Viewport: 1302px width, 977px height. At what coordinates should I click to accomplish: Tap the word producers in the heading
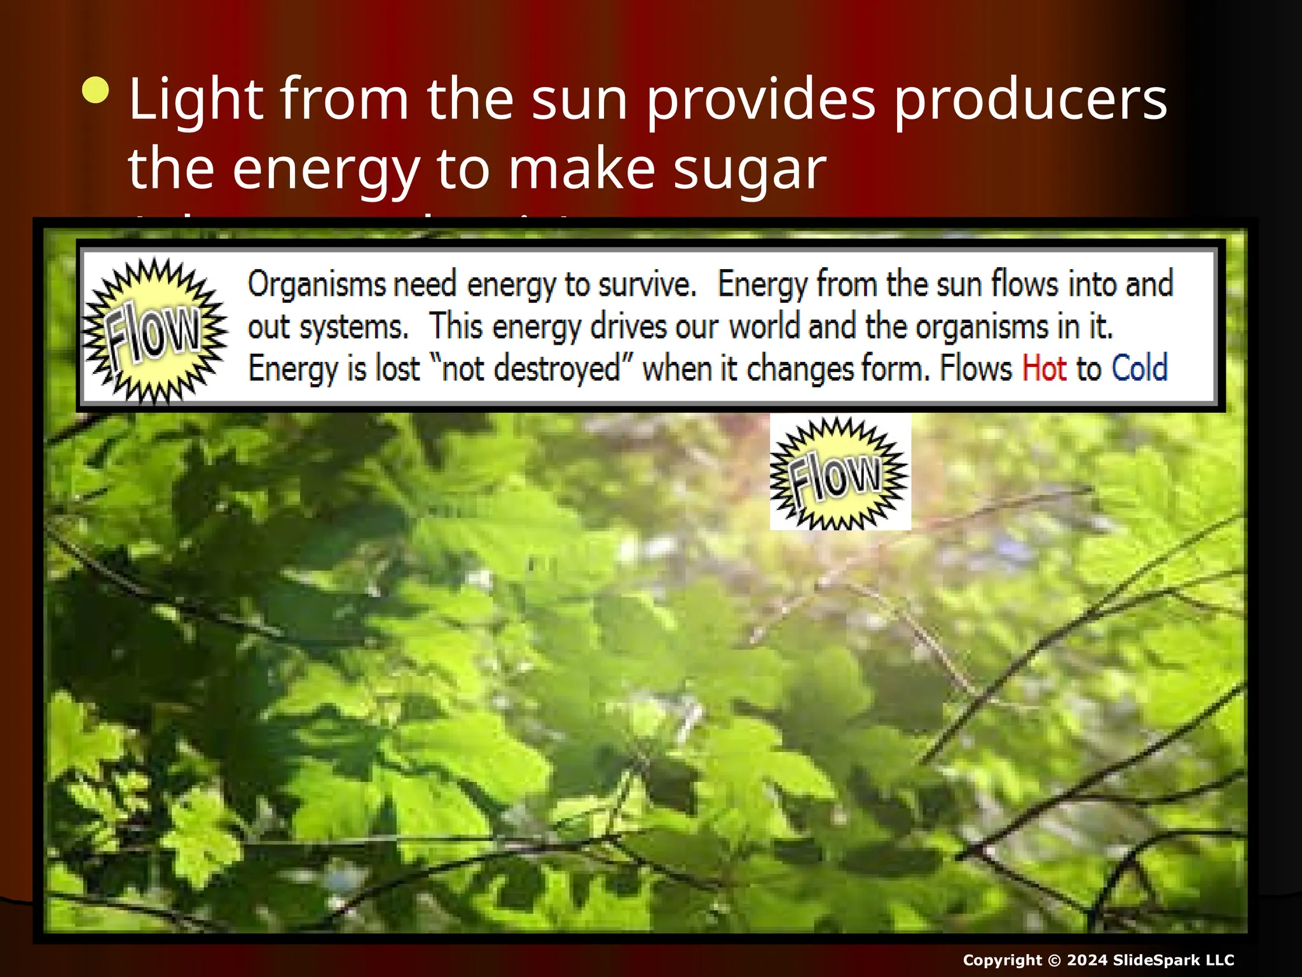1031,99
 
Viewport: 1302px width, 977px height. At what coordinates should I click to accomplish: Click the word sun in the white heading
580,99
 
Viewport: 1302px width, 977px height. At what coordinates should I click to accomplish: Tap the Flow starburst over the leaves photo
839,474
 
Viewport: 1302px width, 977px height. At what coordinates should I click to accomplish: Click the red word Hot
1044,368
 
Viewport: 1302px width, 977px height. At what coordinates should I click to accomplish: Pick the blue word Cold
1139,368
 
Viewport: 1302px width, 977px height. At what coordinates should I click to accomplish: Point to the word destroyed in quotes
556,368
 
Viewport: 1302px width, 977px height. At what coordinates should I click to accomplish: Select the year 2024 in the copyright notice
1086,960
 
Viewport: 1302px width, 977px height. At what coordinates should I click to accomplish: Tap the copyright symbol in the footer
1055,960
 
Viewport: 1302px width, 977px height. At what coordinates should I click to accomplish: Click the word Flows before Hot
976,368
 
